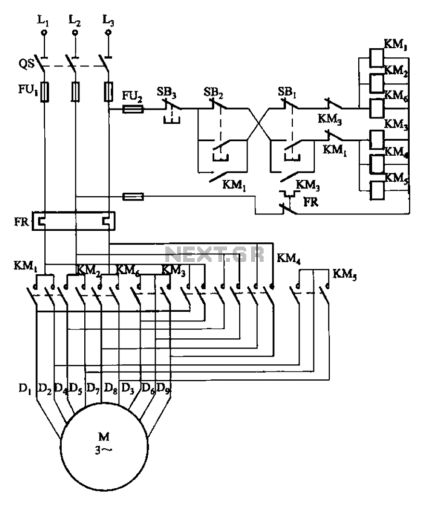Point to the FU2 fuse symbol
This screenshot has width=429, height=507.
point(132,109)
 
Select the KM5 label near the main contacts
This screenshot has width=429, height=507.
point(344,275)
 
